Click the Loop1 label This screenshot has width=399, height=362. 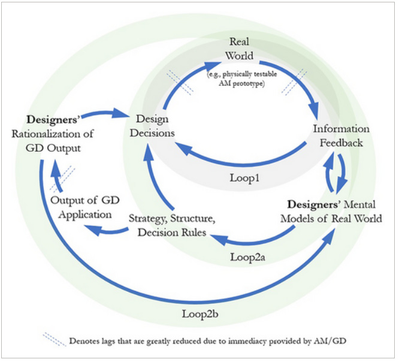[245, 178]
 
